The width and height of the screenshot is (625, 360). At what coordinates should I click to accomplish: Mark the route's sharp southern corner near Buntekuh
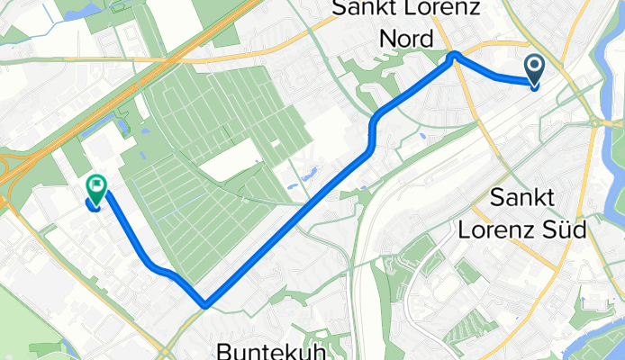click(x=206, y=304)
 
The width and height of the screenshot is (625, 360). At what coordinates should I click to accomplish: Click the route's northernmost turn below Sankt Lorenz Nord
click(x=455, y=55)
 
